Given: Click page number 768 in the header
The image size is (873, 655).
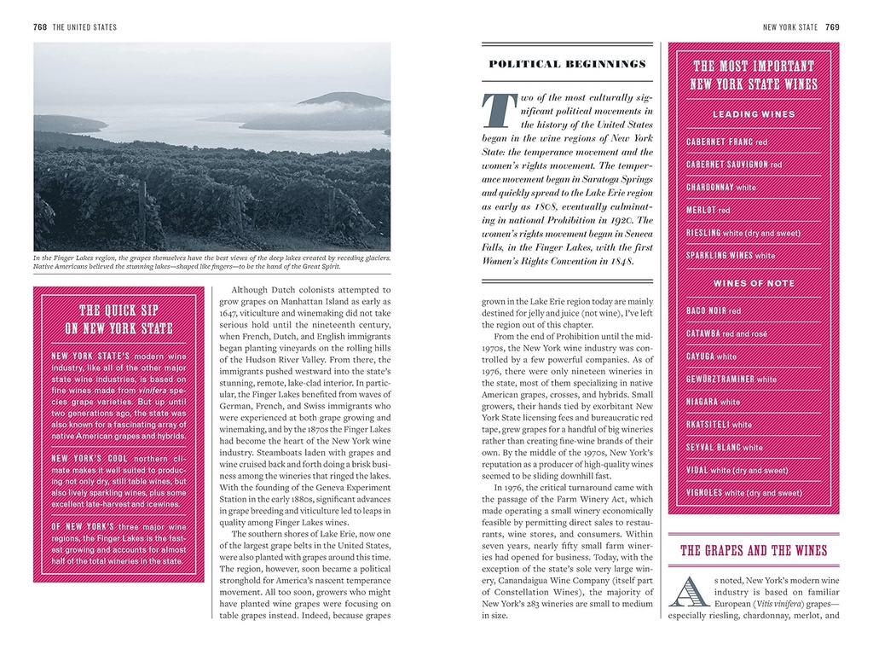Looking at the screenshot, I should (x=39, y=27).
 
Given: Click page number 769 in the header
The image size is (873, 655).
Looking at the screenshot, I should (x=832, y=27).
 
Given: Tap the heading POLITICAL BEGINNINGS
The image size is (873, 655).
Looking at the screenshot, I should (x=567, y=64).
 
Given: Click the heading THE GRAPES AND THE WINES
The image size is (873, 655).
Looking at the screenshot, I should (x=753, y=551).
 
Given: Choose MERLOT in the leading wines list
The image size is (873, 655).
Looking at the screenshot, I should (x=702, y=210).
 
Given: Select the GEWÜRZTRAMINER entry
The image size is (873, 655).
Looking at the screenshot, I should (x=720, y=379).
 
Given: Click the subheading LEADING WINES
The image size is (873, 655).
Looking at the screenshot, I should (x=754, y=114).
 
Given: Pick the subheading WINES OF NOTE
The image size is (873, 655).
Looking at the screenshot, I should (x=754, y=283).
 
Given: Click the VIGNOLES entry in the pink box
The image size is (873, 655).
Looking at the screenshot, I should (x=704, y=492).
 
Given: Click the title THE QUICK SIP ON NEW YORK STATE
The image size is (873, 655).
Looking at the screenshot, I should (x=119, y=319).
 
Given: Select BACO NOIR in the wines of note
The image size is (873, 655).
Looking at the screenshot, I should (x=707, y=311).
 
